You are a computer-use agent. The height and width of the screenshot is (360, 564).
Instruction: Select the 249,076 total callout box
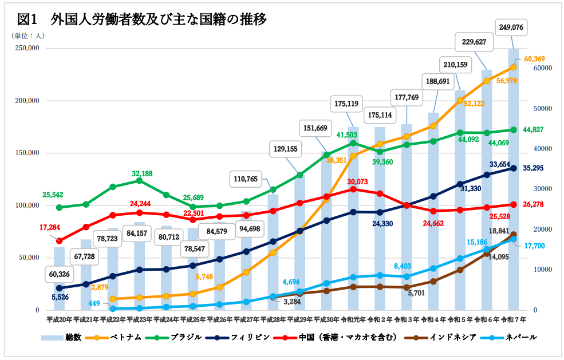pyautogui.click(x=512, y=27)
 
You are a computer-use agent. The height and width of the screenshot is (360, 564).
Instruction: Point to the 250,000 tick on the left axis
pyautogui.click(x=25, y=48)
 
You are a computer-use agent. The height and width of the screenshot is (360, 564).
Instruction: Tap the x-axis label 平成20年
pyautogui.click(x=59, y=319)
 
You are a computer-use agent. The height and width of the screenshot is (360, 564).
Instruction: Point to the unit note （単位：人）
pyautogui.click(x=27, y=35)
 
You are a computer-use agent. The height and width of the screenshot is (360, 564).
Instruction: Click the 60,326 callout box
pyautogui.click(x=60, y=274)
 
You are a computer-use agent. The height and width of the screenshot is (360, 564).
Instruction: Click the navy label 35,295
pyautogui.click(x=538, y=168)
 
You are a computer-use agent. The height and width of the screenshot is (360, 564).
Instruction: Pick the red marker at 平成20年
pyautogui.click(x=60, y=240)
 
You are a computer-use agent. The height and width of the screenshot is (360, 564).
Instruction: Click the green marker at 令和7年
pyautogui.click(x=513, y=130)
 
